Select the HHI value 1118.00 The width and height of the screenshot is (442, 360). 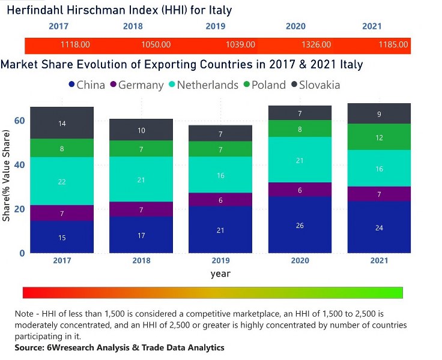pyautogui.click(x=75, y=44)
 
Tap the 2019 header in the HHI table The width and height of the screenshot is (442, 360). pyautogui.click(x=215, y=26)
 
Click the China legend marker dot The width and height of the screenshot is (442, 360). pyautogui.click(x=71, y=85)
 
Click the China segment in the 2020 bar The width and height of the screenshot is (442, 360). pyautogui.click(x=299, y=224)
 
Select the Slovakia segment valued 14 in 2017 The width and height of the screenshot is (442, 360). pyautogui.click(x=62, y=123)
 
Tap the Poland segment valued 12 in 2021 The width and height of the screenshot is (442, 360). pyautogui.click(x=379, y=137)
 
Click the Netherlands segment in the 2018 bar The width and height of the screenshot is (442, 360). pyautogui.click(x=141, y=180)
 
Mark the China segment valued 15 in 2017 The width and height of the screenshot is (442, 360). pyautogui.click(x=62, y=237)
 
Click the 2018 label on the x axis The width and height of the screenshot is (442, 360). pyautogui.click(x=141, y=261)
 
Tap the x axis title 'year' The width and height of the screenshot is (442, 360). pyautogui.click(x=220, y=274)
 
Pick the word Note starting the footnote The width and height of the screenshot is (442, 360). pyautogui.click(x=26, y=314)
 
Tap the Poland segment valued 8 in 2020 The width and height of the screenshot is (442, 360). pyautogui.click(x=299, y=128)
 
